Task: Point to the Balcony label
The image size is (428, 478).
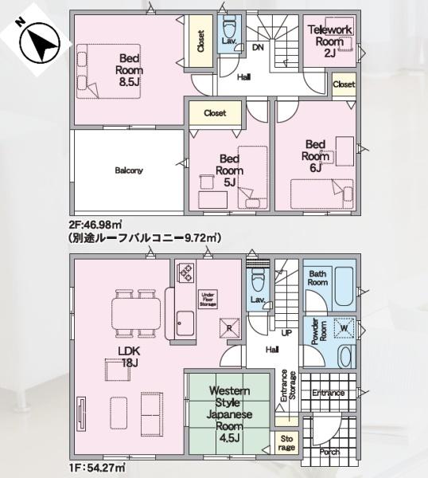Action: (x=128, y=170)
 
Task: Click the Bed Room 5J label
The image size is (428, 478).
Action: (x=230, y=170)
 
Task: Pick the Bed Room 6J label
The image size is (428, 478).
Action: (x=315, y=155)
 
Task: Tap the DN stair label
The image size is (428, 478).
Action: (x=259, y=48)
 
